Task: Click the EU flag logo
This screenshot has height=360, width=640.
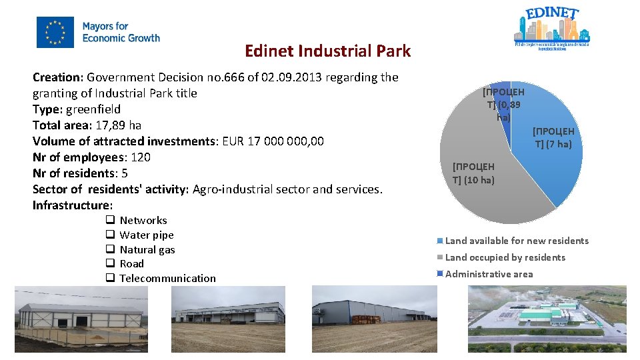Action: pyautogui.click(x=55, y=33)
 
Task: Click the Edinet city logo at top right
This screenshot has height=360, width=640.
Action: pyautogui.click(x=551, y=29)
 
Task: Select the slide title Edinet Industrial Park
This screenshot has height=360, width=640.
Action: pyautogui.click(x=327, y=51)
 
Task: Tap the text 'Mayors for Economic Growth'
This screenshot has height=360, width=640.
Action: pyautogui.click(x=121, y=33)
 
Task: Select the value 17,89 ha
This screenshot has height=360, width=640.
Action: pyautogui.click(x=111, y=125)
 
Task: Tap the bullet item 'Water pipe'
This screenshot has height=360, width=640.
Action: pyautogui.click(x=146, y=235)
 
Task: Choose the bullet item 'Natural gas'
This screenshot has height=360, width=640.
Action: pyautogui.click(x=147, y=249)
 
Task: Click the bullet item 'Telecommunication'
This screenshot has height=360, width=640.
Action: pyautogui.click(x=167, y=279)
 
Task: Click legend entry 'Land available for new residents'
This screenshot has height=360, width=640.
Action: pyautogui.click(x=517, y=241)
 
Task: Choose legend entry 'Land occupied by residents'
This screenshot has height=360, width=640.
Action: pyautogui.click(x=505, y=257)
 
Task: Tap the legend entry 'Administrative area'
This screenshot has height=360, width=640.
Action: pyautogui.click(x=489, y=274)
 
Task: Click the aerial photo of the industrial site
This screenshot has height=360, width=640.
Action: pyautogui.click(x=547, y=318)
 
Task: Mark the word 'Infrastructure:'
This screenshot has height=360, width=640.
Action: pyautogui.click(x=73, y=205)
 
